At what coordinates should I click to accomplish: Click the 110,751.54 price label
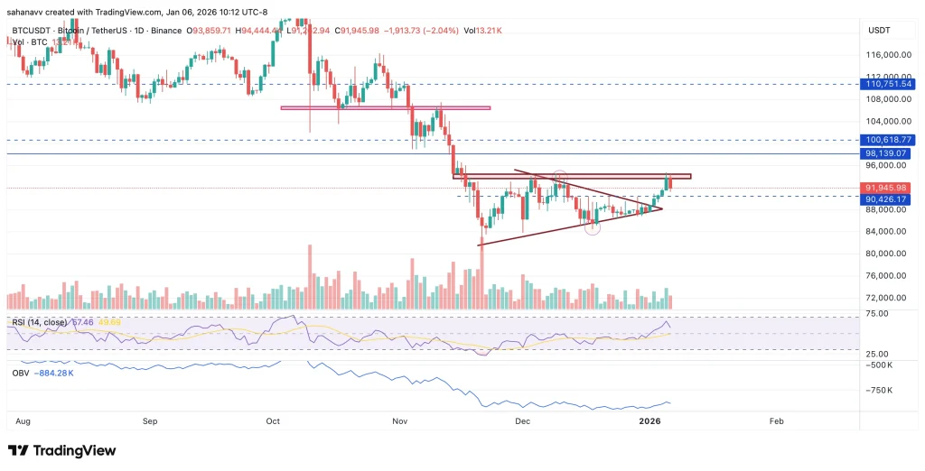888,84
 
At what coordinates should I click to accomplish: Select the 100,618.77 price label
888,140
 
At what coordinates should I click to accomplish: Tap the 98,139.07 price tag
888,154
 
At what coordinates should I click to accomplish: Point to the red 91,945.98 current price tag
888,188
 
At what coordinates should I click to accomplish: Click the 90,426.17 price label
888,199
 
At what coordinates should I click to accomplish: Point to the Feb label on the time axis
775,421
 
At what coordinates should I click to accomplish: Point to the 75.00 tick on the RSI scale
874,314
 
